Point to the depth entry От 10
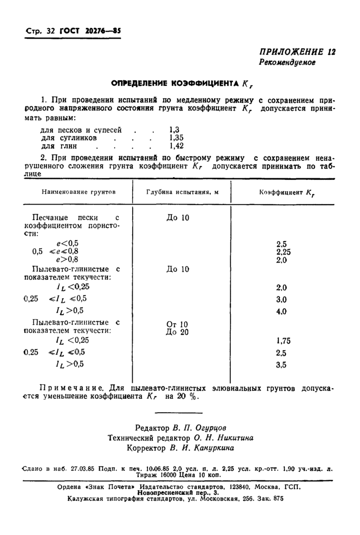tap(177, 324)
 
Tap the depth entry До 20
tap(177, 332)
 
